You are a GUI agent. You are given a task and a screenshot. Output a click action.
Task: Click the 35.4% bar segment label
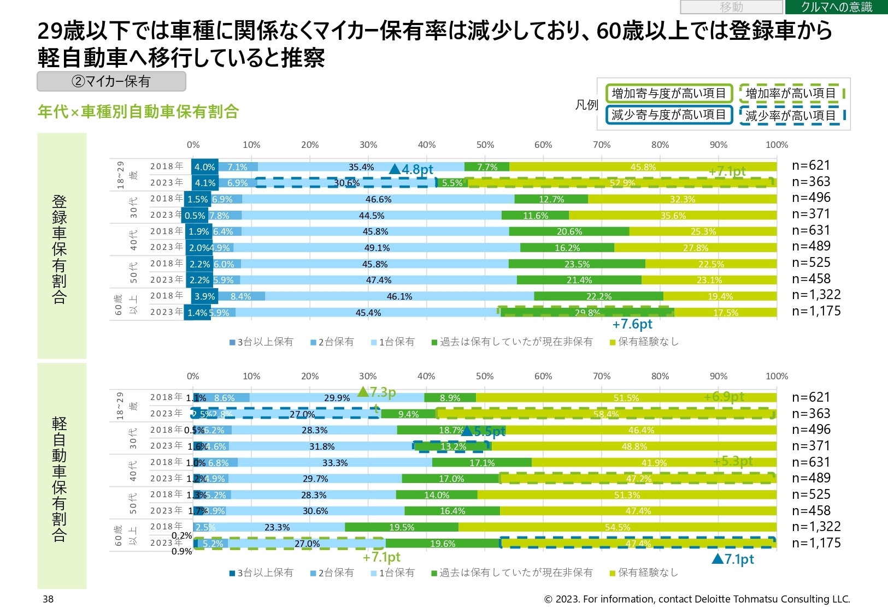[361, 167]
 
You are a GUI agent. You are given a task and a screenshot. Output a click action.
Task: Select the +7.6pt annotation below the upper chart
[632, 324]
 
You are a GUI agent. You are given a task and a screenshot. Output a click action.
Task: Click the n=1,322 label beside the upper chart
[816, 295]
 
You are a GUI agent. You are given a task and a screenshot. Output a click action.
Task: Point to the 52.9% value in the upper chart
[622, 183]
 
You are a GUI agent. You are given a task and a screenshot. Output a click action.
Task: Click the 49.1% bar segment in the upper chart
[377, 248]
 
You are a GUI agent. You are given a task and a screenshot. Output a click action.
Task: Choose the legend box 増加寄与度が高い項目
[668, 93]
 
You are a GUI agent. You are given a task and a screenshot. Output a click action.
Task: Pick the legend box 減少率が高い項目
[791, 115]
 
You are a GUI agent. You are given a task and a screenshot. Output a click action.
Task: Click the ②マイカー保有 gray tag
[111, 82]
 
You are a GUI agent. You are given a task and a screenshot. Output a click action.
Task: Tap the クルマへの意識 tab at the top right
[836, 7]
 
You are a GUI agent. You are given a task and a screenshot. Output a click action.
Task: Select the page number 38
[48, 599]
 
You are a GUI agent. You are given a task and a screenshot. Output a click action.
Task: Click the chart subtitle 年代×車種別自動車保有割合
[138, 112]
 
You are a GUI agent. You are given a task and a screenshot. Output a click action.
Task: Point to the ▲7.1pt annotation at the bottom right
[733, 559]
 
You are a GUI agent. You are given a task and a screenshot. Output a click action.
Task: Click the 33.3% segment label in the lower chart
[334, 463]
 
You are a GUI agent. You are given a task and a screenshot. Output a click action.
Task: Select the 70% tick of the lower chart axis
[601, 376]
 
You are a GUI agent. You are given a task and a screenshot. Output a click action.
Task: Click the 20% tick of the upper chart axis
[309, 145]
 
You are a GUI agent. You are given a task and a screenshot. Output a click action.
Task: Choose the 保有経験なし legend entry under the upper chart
[645, 342]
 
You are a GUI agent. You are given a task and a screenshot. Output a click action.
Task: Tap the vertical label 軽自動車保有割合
[60, 479]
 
